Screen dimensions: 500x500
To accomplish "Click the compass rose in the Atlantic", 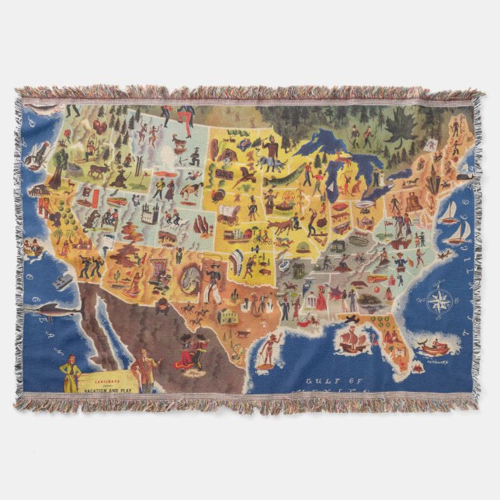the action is coord(439,300).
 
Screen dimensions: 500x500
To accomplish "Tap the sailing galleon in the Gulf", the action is coord(349,337).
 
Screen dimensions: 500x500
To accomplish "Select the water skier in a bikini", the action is coord(267,352).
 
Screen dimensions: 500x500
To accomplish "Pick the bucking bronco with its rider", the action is coord(190,189).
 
